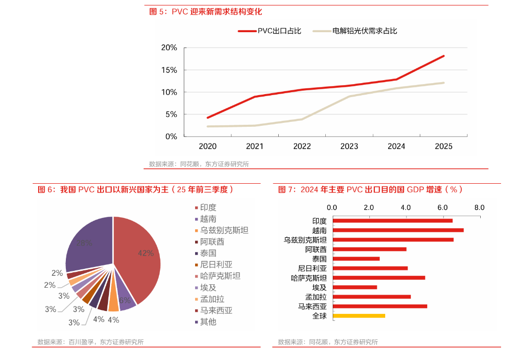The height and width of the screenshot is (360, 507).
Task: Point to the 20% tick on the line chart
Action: [x=169, y=48]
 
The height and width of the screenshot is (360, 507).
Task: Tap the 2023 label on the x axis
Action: [x=349, y=146]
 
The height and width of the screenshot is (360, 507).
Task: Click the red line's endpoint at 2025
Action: [x=444, y=56]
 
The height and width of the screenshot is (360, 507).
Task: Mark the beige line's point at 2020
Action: [x=208, y=126]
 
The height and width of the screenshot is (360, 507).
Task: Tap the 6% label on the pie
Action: [x=125, y=300]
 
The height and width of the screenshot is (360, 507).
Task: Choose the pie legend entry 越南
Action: [x=208, y=219]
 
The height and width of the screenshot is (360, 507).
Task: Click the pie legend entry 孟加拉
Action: [x=212, y=299]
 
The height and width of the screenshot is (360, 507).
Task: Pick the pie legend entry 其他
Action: [x=208, y=322]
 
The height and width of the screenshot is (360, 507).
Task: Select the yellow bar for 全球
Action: [x=358, y=315]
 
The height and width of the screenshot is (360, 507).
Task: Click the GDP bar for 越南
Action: [x=398, y=230]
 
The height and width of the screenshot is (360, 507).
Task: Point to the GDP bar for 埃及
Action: [x=355, y=287]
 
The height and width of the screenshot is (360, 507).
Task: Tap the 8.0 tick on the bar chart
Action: [x=479, y=207]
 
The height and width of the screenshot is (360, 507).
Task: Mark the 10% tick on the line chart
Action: [x=169, y=92]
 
